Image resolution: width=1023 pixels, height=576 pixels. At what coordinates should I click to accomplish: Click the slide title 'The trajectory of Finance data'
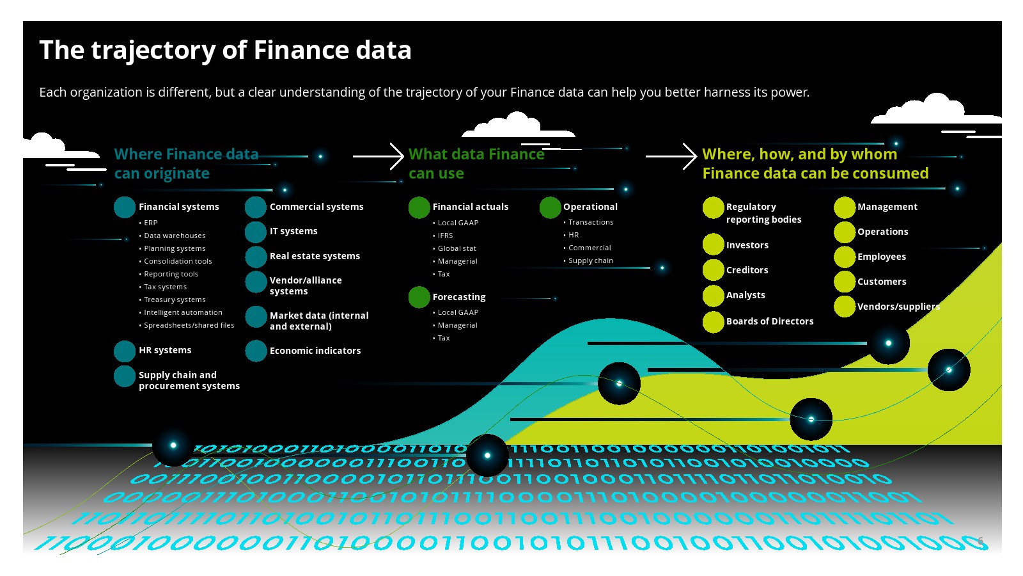225,51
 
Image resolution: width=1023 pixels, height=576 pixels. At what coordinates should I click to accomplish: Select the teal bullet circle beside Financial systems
124,207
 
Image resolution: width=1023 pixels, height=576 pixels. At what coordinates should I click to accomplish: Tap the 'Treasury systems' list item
175,300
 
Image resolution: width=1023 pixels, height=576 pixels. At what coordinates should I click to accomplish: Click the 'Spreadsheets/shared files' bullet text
189,326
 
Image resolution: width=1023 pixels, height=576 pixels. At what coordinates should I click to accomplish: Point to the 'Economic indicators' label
315,351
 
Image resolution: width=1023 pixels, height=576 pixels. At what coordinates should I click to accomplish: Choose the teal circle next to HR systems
124,351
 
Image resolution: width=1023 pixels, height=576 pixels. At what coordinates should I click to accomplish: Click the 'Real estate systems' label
315,256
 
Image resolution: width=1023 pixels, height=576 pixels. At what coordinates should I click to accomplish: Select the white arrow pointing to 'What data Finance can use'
378,156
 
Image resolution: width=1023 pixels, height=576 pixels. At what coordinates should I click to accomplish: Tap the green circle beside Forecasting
419,297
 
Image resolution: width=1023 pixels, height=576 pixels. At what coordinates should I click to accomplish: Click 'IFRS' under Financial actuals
445,236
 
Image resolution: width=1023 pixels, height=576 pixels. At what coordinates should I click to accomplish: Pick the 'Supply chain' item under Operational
591,260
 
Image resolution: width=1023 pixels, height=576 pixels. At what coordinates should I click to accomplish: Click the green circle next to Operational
550,207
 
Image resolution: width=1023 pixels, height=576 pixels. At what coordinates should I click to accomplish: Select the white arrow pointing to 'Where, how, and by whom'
671,156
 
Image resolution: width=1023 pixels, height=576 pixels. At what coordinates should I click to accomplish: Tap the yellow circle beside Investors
713,244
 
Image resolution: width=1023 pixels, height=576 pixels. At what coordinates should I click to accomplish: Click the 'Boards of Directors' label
770,321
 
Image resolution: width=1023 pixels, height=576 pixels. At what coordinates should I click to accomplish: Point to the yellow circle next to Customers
845,282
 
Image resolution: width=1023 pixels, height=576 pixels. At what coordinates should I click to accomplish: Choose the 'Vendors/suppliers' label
898,307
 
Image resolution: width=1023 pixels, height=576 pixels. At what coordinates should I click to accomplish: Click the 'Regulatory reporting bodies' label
763,213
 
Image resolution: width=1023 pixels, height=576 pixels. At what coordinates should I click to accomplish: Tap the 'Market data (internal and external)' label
319,321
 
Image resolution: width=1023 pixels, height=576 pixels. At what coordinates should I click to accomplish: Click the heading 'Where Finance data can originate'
186,164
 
